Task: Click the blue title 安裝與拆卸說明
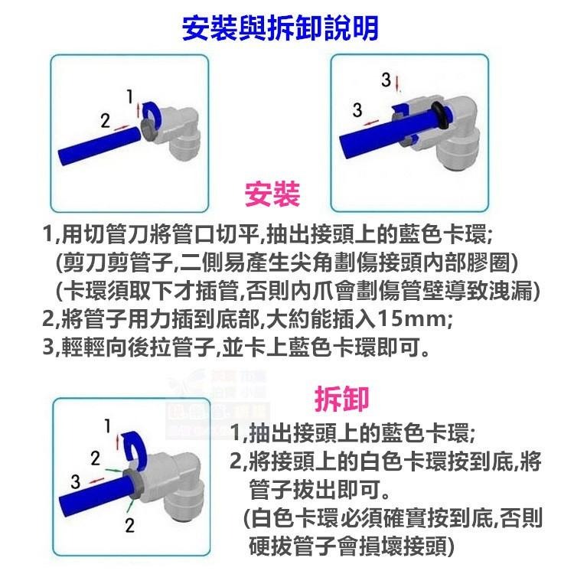click(x=279, y=29)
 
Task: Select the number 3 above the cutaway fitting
click(x=386, y=79)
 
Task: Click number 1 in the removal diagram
click(x=108, y=425)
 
